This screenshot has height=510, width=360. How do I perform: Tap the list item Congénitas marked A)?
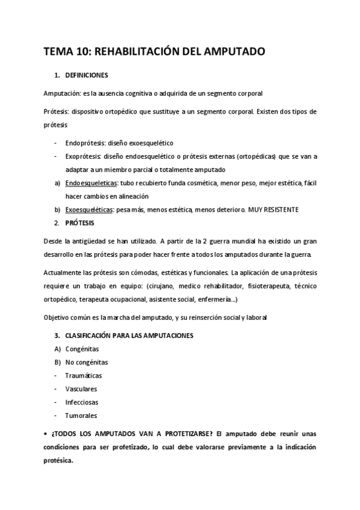83,348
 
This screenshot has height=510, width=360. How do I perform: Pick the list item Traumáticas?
84,375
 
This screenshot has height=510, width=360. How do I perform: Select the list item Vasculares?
81,389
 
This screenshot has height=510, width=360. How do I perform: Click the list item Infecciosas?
82,402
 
